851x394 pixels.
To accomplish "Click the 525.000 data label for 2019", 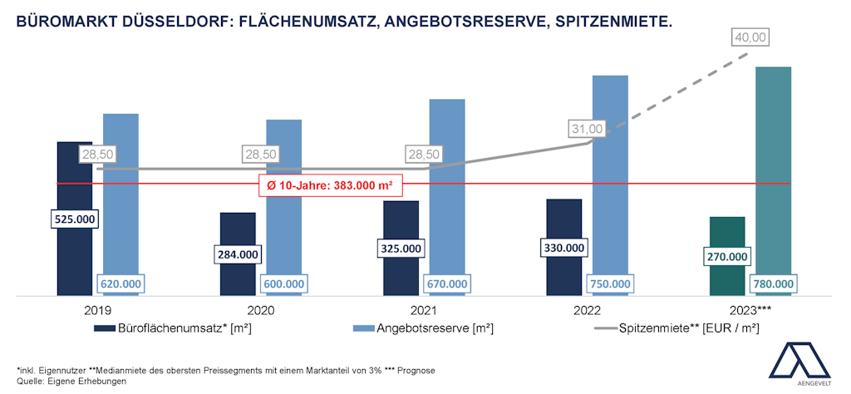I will pos(75,219).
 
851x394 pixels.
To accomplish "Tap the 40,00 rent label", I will pos(750,37).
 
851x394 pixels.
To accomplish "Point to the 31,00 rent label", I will pos(587,129).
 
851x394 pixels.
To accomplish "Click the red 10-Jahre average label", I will pos(329,184).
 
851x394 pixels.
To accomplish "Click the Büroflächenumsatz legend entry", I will pos(173,328).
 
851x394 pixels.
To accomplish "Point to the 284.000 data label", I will pos(238,254).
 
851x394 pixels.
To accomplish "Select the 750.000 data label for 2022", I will pos(609,283).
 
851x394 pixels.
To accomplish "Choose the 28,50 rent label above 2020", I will pos(262,155).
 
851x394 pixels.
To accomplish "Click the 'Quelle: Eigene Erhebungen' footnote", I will pos(71,381).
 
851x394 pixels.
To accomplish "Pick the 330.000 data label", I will pos(563,248).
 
